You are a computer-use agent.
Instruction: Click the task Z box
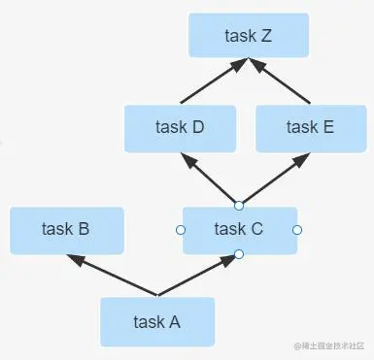[249, 36]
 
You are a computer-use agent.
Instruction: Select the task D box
[180, 127]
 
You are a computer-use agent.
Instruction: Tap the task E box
[311, 127]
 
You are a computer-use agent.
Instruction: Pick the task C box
[238, 230]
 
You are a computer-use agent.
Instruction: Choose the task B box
[66, 230]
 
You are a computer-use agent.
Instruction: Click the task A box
[156, 322]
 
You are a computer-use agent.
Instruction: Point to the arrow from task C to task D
[210, 179]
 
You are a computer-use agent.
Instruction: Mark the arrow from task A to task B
[112, 275]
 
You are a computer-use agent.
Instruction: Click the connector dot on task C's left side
[180, 230]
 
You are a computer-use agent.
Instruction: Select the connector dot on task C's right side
[297, 230]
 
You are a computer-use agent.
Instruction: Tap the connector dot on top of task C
[238, 204]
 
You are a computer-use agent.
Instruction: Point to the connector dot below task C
[238, 254]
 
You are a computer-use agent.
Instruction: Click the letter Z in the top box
[267, 36]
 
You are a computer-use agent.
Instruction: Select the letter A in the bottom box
[175, 322]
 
